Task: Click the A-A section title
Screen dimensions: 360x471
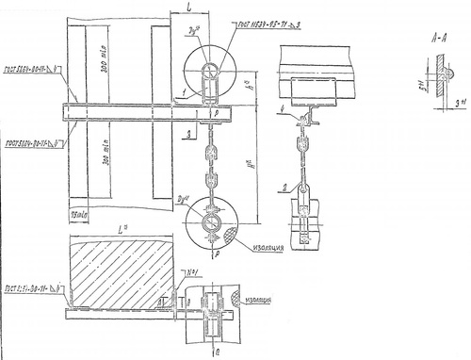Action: click(432, 39)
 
